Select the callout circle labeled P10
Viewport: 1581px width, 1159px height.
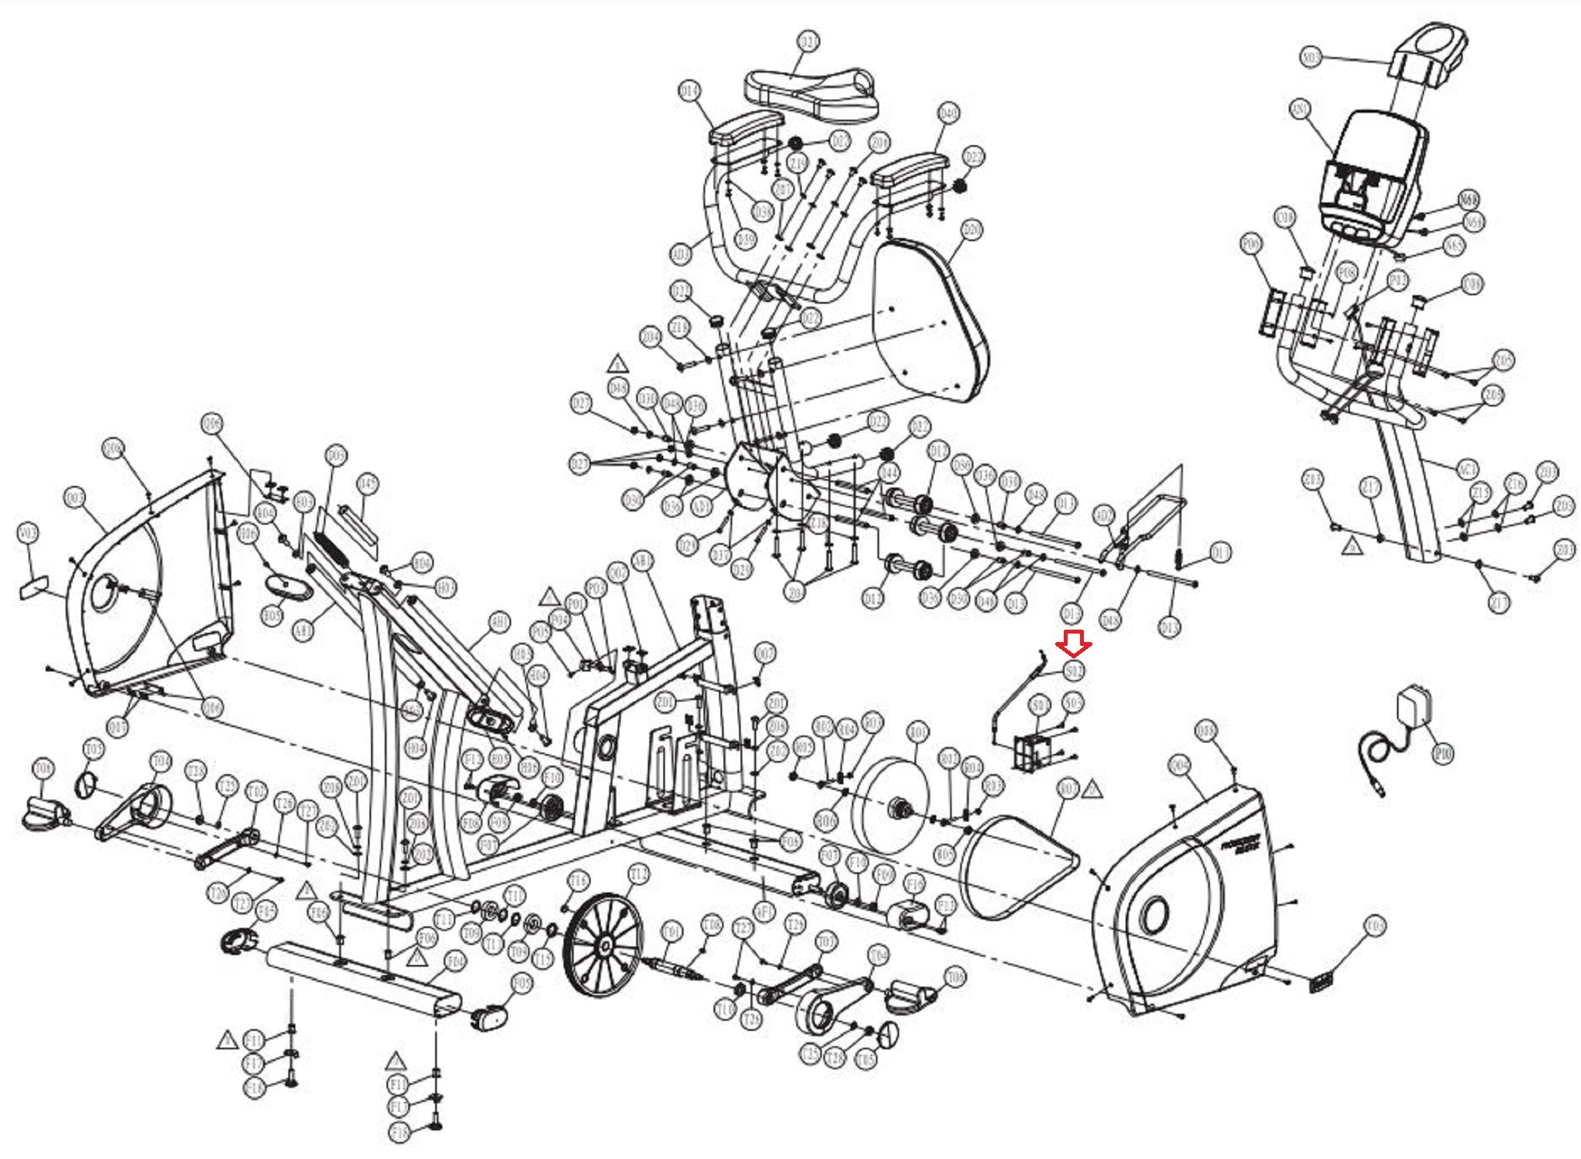click(x=1443, y=753)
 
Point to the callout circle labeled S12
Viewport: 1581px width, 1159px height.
click(x=1074, y=671)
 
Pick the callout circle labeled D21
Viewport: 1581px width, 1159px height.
click(x=808, y=42)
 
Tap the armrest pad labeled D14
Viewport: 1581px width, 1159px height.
click(x=745, y=127)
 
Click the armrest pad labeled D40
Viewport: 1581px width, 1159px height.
click(x=910, y=169)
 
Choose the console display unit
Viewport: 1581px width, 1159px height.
click(x=1373, y=174)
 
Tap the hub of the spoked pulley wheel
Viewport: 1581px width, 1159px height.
click(x=604, y=944)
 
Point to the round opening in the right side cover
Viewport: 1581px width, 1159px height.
click(x=1154, y=916)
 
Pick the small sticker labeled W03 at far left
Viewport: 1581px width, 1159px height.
click(x=33, y=587)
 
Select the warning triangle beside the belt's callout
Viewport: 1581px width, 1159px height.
click(x=1091, y=789)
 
